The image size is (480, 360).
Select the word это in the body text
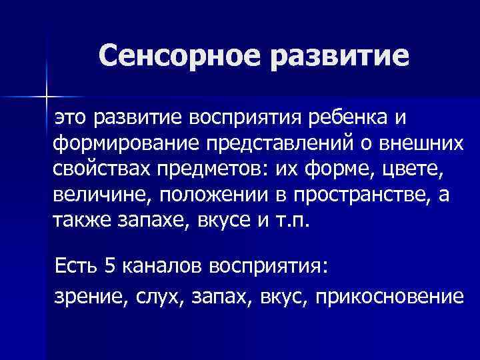[x=71, y=118]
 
